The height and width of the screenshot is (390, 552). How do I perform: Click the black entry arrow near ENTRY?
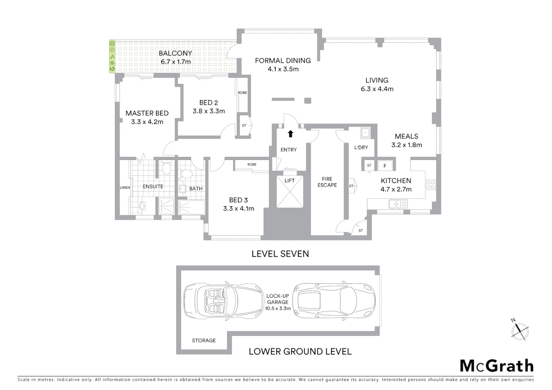click(x=290, y=134)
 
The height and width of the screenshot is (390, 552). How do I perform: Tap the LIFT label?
click(x=289, y=181)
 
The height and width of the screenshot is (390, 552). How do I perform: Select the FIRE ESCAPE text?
click(x=327, y=182)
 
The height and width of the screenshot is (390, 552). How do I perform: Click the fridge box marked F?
click(x=385, y=166)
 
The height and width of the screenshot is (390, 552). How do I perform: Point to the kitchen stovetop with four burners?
click(x=431, y=185)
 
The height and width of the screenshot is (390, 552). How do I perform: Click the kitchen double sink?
click(x=398, y=204)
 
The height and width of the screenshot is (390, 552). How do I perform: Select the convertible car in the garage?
click(x=224, y=300)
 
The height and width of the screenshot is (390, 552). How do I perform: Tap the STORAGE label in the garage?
click(x=204, y=341)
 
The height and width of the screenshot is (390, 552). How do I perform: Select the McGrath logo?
click(x=496, y=366)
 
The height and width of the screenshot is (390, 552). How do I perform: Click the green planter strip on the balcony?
click(x=112, y=57)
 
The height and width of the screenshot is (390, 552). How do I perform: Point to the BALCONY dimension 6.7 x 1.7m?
click(x=176, y=62)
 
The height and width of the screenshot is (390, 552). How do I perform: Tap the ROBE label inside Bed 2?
click(x=242, y=93)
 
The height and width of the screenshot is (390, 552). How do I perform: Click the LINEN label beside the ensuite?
click(x=125, y=187)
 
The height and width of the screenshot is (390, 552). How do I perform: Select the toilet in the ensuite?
click(x=167, y=168)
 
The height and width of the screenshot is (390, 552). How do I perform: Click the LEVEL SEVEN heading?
click(x=280, y=254)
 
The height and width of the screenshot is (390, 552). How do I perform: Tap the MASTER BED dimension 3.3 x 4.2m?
click(x=147, y=122)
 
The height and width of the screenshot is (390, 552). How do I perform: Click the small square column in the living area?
click(x=307, y=101)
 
